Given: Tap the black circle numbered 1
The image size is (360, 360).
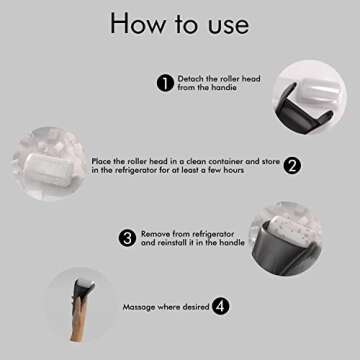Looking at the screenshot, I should pyautogui.click(x=165, y=83).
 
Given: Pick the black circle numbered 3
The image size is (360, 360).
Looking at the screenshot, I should pyautogui.click(x=127, y=237).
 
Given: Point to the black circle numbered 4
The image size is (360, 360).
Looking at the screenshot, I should pyautogui.click(x=220, y=307).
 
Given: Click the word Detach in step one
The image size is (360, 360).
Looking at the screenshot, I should pyautogui.click(x=191, y=78).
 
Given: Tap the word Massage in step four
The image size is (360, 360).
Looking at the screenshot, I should pyautogui.click(x=140, y=307).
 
